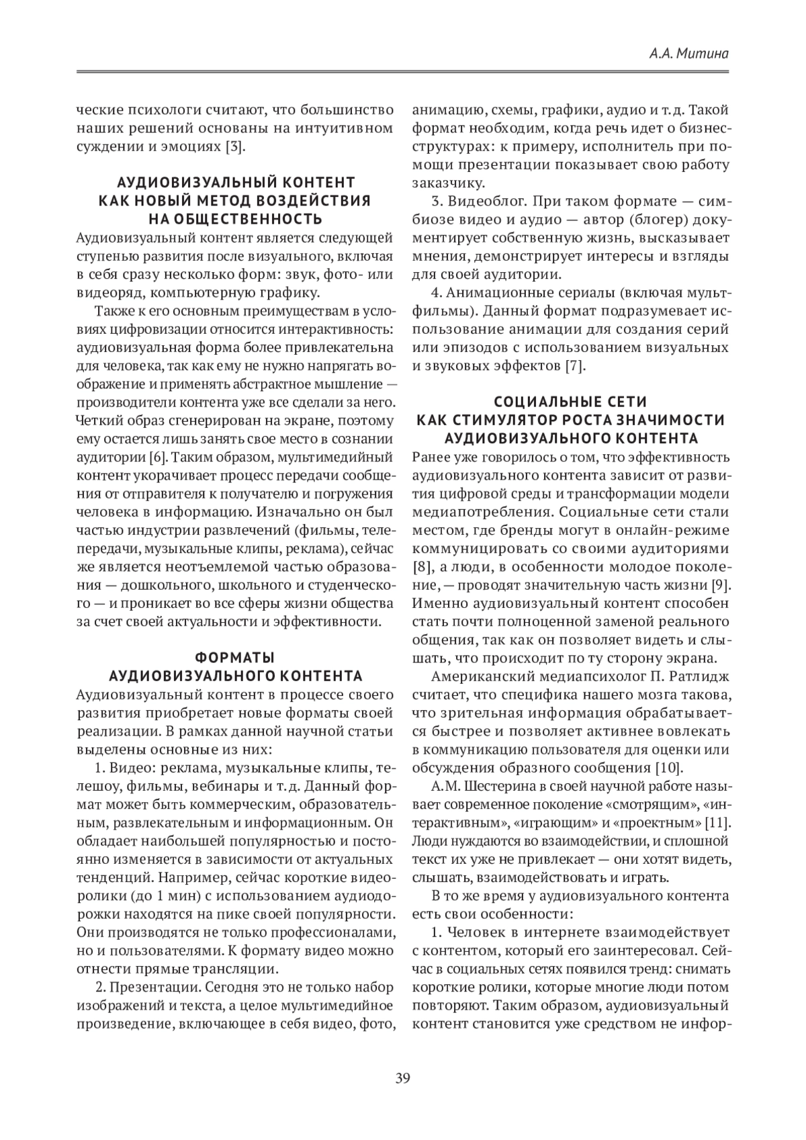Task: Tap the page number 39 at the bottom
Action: point(402,1079)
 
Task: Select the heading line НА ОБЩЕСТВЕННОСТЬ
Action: point(235,219)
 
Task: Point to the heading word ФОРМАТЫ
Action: point(235,657)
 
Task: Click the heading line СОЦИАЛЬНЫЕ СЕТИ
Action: point(570,402)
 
